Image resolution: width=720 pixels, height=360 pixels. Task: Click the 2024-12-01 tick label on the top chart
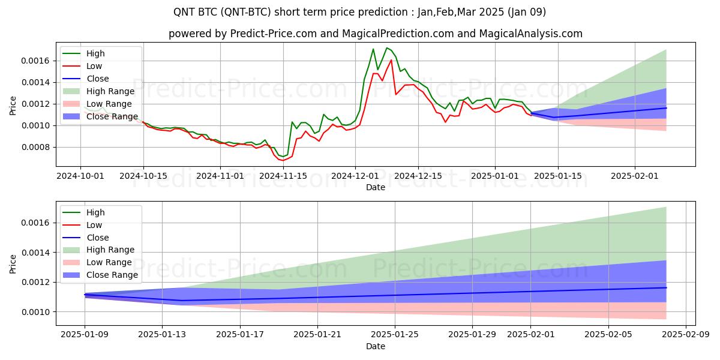[x=355, y=176]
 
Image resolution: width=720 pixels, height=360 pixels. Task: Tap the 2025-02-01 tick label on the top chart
[x=635, y=176]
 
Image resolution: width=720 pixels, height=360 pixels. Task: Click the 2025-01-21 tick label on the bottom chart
[x=317, y=335]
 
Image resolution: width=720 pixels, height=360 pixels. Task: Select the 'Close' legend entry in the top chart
[x=98, y=79]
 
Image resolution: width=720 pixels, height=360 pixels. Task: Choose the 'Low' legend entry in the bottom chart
[x=95, y=225]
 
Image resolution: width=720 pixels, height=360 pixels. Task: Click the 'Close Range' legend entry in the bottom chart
[x=112, y=275]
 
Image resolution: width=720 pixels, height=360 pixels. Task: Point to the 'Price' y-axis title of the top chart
[x=13, y=105]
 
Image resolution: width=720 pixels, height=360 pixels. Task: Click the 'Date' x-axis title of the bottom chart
[x=376, y=346]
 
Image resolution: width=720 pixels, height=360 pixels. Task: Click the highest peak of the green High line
[x=387, y=48]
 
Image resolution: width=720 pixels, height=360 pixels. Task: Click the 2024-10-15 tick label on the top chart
[x=143, y=176]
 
